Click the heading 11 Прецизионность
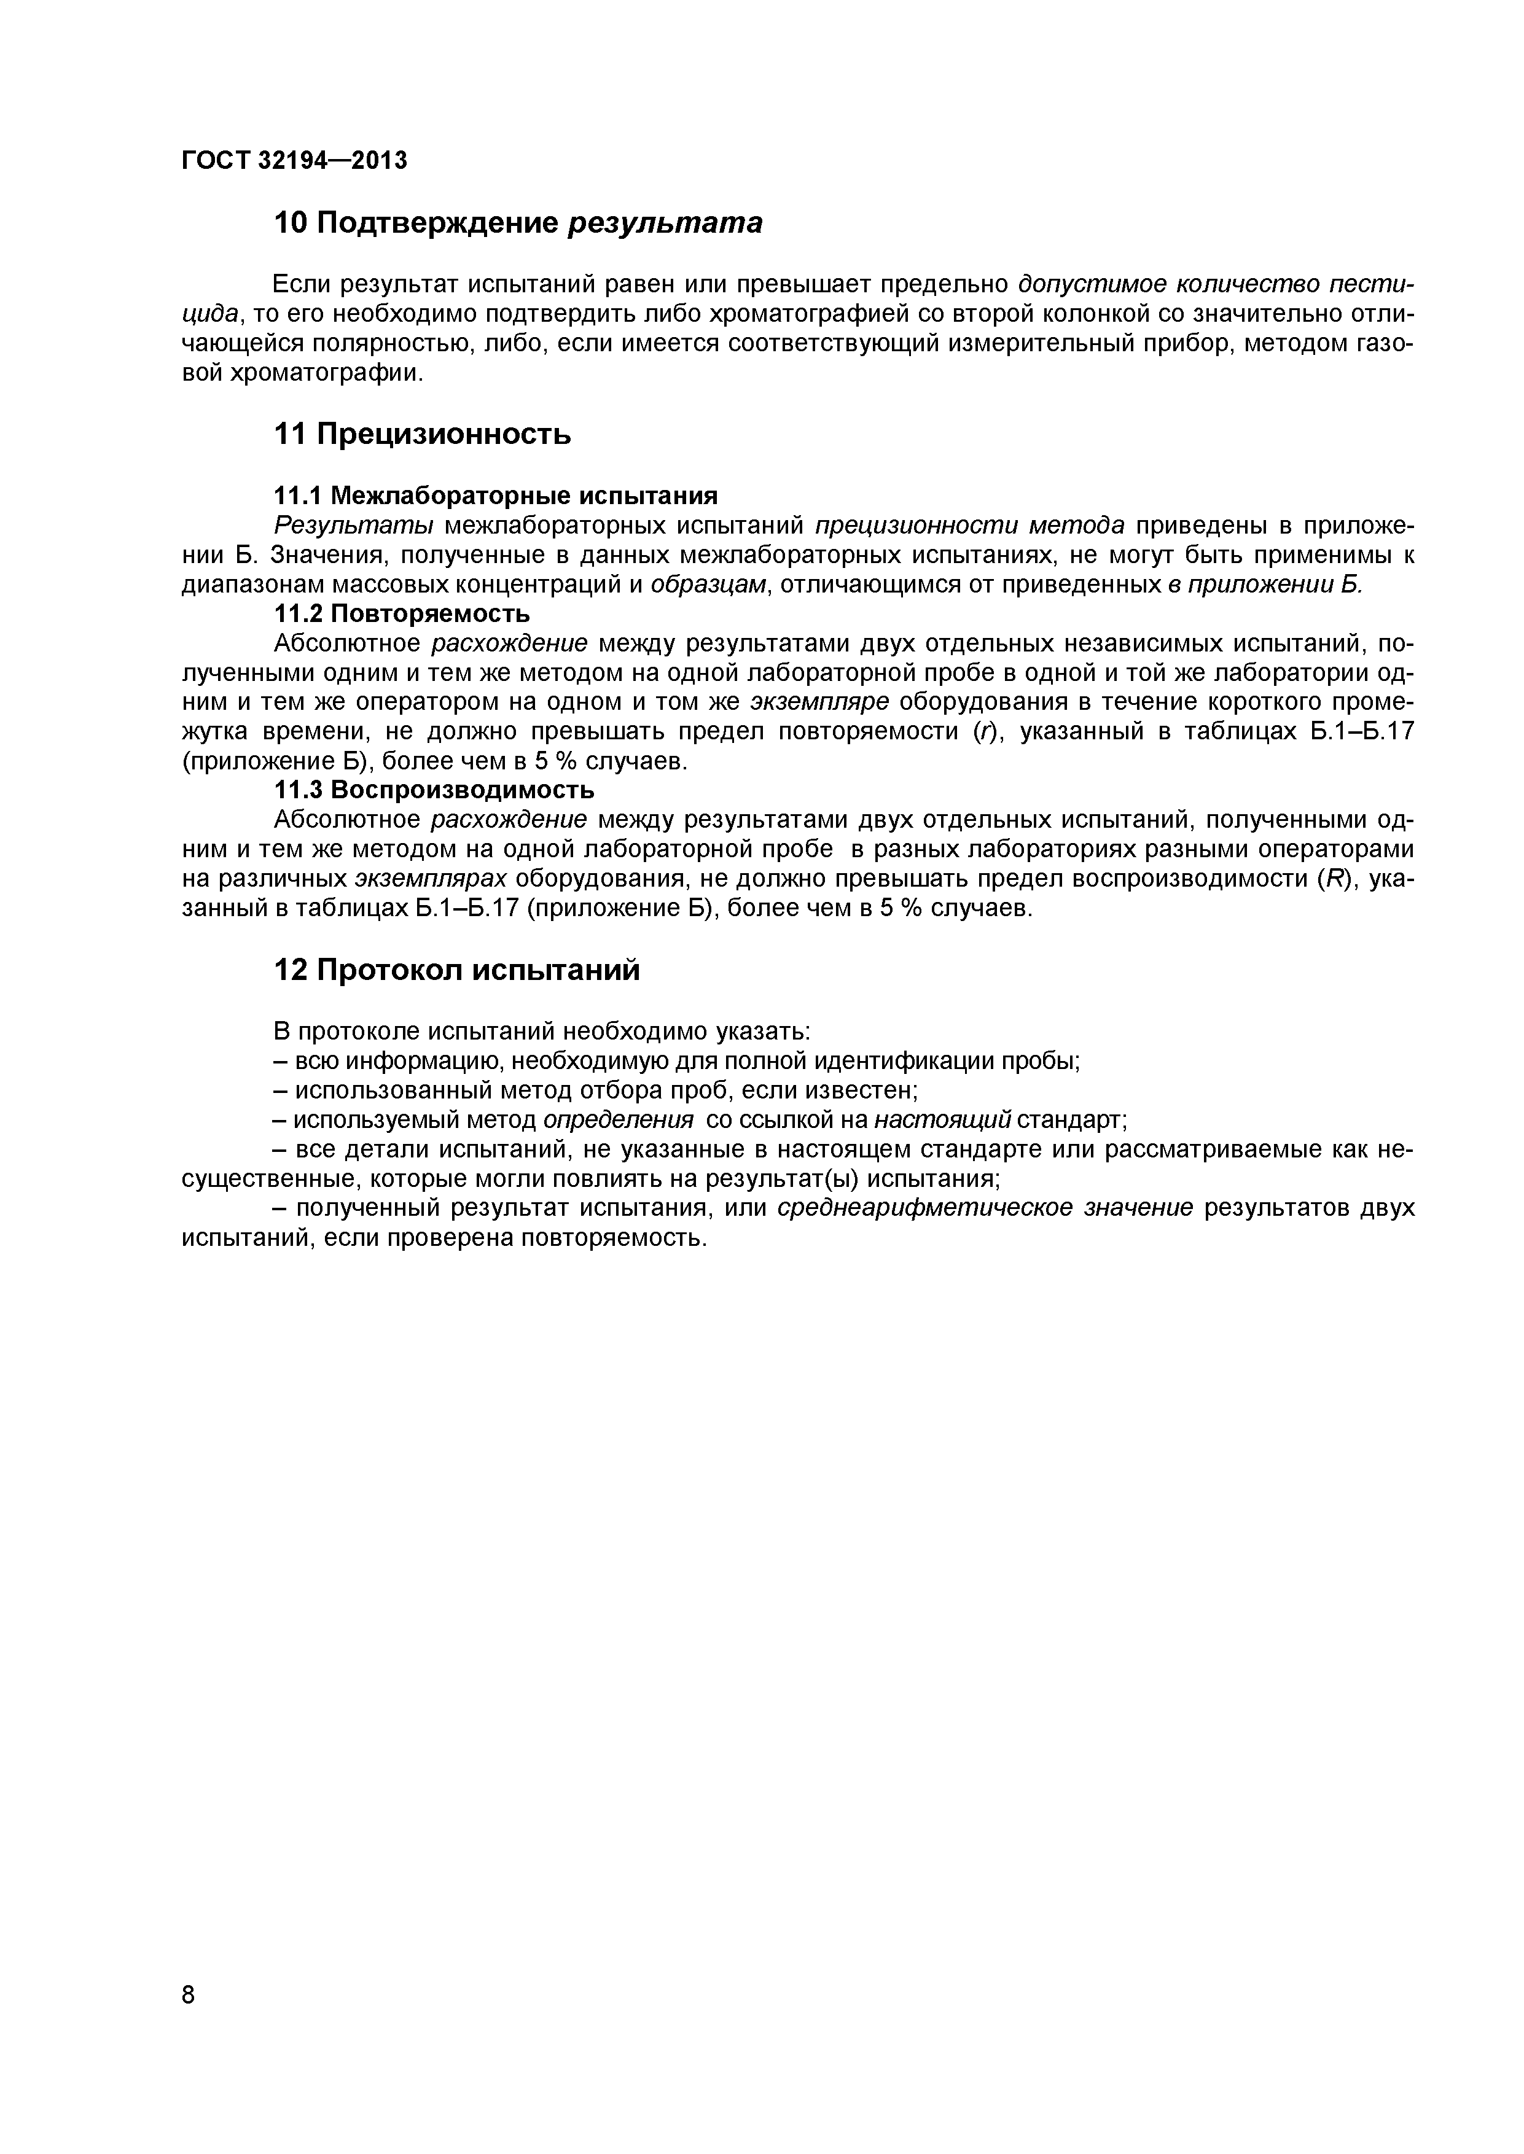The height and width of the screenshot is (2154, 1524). [422, 434]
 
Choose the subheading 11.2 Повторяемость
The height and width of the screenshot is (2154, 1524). [402, 613]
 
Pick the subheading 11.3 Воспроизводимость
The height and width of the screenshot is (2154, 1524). [434, 789]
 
